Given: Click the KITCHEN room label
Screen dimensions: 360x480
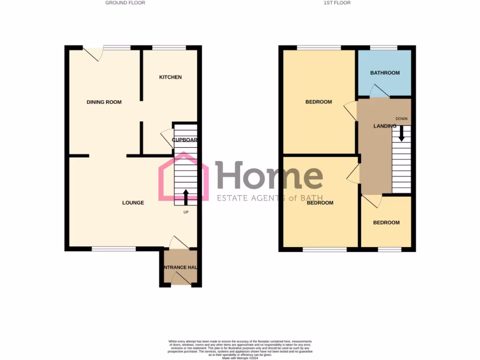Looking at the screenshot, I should pos(170,77).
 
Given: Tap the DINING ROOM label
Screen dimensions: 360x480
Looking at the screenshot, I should pos(104,102).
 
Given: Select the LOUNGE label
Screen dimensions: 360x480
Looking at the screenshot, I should pos(133,203).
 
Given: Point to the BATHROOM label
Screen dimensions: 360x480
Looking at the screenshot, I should pos(385,73).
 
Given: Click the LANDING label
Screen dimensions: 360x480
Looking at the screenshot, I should pos(385,126).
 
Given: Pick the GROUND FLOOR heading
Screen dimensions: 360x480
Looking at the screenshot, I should pos(125,3).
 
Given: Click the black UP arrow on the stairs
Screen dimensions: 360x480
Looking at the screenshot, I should pos(186,197).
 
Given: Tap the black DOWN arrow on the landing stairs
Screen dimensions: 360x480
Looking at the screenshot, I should pos(401,135).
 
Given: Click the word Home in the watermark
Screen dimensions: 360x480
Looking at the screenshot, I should pos(269,176).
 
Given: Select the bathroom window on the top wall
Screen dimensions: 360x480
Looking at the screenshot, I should pos(384,47).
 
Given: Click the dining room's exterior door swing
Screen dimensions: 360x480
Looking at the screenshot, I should pos(93,53).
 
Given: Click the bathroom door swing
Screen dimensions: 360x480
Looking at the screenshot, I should pos(379,91).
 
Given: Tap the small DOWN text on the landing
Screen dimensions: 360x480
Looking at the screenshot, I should pos(401,118).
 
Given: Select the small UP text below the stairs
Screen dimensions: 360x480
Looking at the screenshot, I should pos(186,212).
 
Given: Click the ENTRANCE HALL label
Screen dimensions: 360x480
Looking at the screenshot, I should pos(180,268).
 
